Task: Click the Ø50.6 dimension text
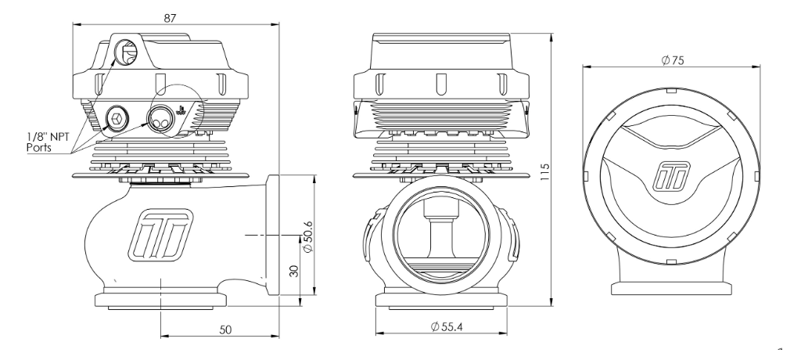[307, 238]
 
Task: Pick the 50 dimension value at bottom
[224, 331]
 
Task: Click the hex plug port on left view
[115, 119]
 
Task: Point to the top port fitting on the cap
[125, 52]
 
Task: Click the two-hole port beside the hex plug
[160, 120]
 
